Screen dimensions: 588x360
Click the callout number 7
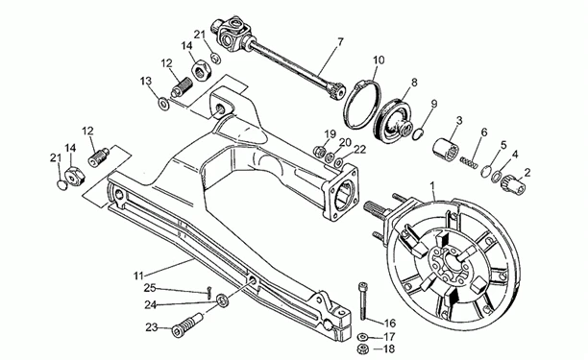[340, 41]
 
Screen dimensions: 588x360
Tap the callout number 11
[138, 276]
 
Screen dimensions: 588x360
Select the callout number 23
[152, 327]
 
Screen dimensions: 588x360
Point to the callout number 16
[390, 324]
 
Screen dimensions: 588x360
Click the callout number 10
[379, 60]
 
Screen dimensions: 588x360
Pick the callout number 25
[150, 288]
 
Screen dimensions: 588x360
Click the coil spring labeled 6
[469, 162]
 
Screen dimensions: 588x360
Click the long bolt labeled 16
[363, 301]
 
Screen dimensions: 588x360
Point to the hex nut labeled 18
[363, 348]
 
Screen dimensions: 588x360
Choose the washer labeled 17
[362, 336]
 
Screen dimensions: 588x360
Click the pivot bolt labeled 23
[187, 325]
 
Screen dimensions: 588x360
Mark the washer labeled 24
[222, 300]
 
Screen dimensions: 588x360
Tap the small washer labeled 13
[163, 103]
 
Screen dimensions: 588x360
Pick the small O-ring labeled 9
[418, 134]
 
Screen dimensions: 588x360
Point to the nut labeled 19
[319, 152]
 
